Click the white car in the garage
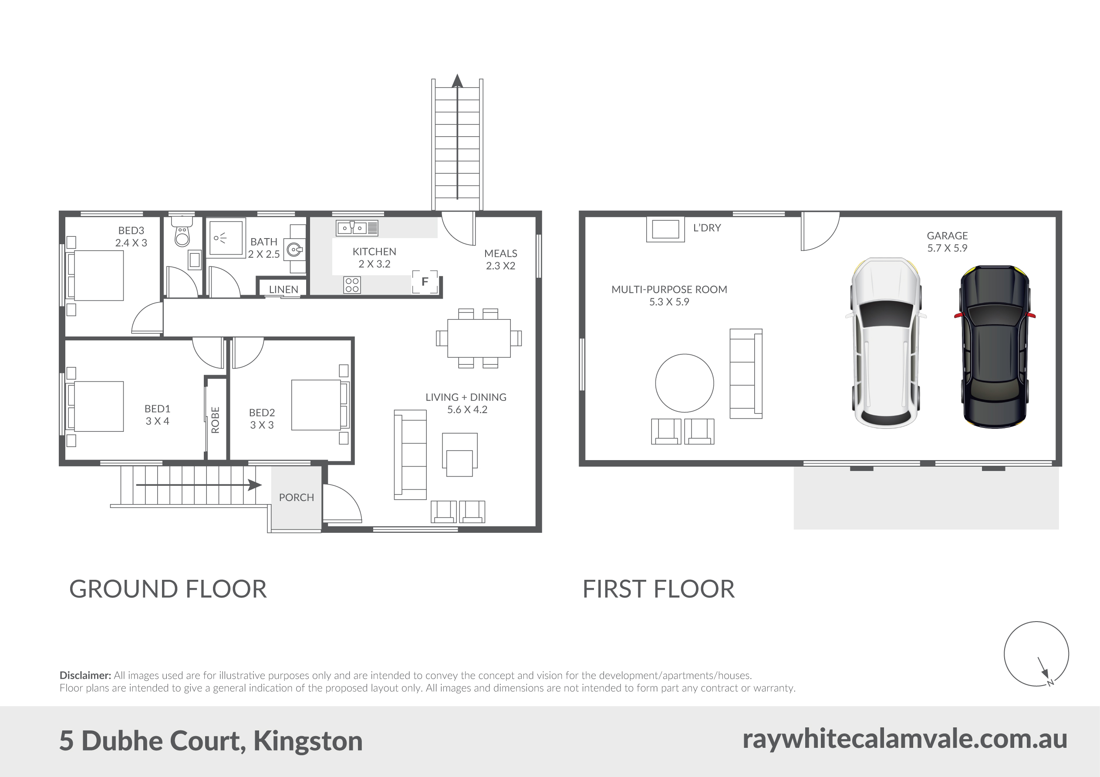885,343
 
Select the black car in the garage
995,346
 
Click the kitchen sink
357,228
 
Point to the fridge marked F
425,282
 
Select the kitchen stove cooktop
352,285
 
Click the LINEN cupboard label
283,289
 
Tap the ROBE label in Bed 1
215,420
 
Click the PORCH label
297,497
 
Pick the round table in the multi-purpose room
684,383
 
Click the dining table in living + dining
479,338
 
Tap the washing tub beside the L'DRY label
665,229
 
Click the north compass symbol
1036,654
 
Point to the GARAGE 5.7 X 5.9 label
947,242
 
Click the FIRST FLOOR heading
658,589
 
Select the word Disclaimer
85,676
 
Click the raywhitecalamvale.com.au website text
904,739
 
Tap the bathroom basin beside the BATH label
294,249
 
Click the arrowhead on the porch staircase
255,485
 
